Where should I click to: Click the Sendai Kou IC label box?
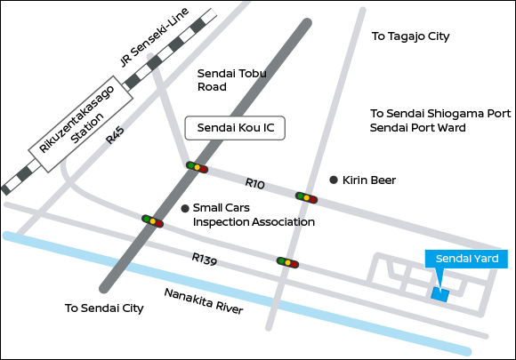coord(235,128)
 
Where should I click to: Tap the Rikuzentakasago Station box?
coord(81,124)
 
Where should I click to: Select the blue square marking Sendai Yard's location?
coord(440,294)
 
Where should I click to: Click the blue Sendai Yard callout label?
coord(466,259)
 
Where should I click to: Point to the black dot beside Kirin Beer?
coord(334,180)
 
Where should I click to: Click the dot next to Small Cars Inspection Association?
coord(185,208)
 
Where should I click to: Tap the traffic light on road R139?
coord(287,262)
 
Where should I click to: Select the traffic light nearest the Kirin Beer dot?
coord(306,198)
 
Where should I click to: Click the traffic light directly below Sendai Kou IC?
coord(197,167)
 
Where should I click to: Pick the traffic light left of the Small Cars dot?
coord(152,221)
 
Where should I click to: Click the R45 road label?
coord(115,135)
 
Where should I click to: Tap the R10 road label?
coord(254,183)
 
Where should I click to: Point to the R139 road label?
coord(205,259)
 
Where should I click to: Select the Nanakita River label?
coord(204,300)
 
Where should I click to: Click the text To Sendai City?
coord(104,308)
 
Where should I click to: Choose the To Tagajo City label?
coord(410,36)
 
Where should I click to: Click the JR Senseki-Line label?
coord(154,37)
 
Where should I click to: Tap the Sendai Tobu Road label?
coord(231,80)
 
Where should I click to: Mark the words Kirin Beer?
coord(369,180)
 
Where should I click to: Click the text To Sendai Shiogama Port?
coord(440,114)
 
